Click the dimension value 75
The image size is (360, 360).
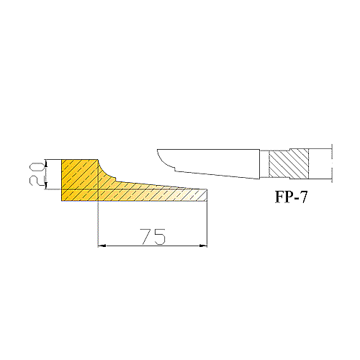(x=153, y=237)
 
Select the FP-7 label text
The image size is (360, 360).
(x=291, y=197)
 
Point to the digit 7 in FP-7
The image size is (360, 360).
(x=303, y=197)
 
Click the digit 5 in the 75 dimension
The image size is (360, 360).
(x=160, y=237)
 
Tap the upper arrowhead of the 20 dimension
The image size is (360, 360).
(x=47, y=163)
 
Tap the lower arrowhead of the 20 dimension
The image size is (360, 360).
(x=47, y=186)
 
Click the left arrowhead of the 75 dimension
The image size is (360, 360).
(x=102, y=246)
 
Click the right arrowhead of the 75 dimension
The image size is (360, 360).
(x=203, y=246)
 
